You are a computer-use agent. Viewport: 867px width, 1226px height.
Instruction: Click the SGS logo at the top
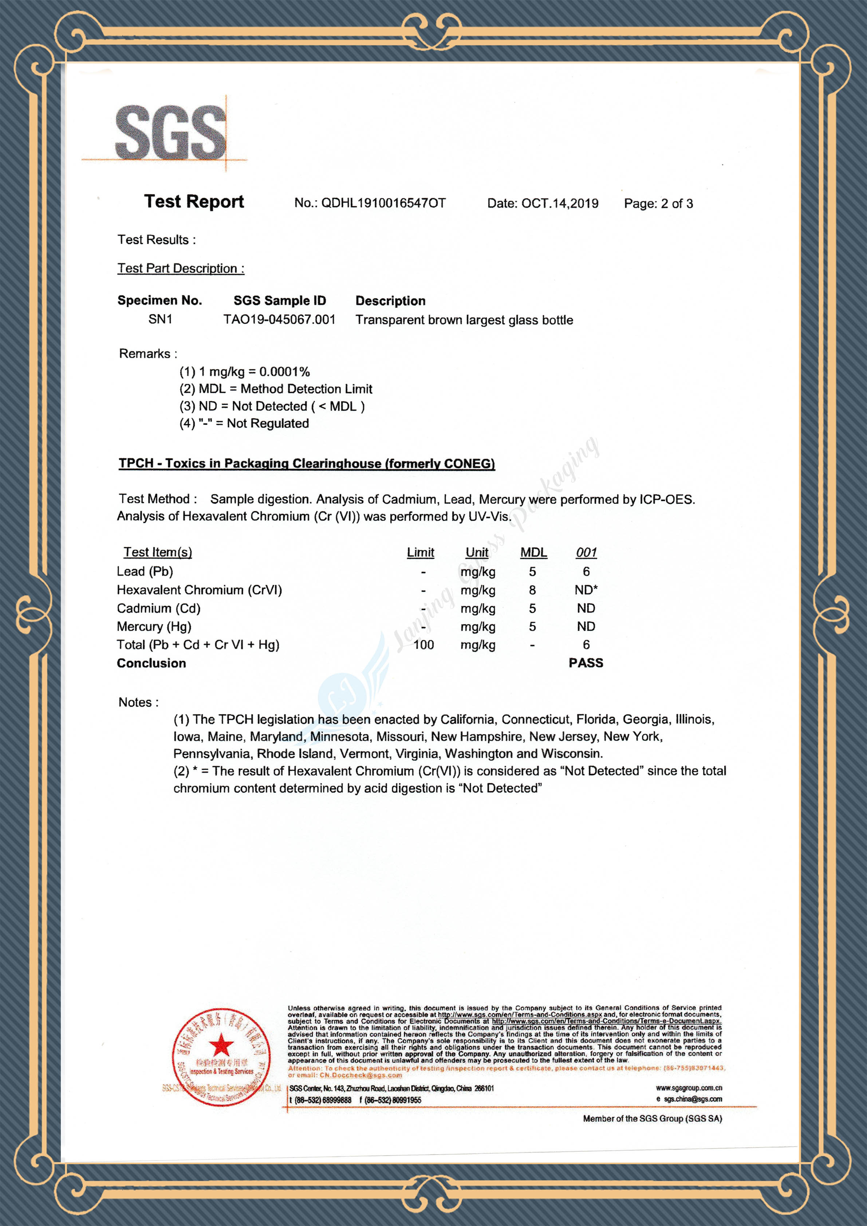[x=170, y=133]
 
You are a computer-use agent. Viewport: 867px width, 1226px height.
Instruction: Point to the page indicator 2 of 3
[x=677, y=204]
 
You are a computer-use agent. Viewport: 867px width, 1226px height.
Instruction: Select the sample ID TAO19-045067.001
[x=279, y=320]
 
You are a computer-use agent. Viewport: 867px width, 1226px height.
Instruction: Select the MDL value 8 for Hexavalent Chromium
[x=532, y=590]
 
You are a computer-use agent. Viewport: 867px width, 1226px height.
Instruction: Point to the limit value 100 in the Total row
[x=423, y=645]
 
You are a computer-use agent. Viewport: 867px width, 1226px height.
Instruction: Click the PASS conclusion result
[x=586, y=663]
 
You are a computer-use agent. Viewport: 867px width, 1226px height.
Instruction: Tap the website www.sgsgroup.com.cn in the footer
[x=689, y=1088]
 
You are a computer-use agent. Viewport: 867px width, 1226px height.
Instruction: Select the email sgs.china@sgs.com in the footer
[x=693, y=1099]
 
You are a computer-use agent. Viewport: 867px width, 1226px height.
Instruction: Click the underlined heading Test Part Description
[x=181, y=269]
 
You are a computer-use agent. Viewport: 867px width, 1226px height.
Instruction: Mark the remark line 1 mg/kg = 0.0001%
[x=244, y=372]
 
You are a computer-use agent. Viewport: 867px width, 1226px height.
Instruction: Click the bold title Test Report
[x=194, y=202]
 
